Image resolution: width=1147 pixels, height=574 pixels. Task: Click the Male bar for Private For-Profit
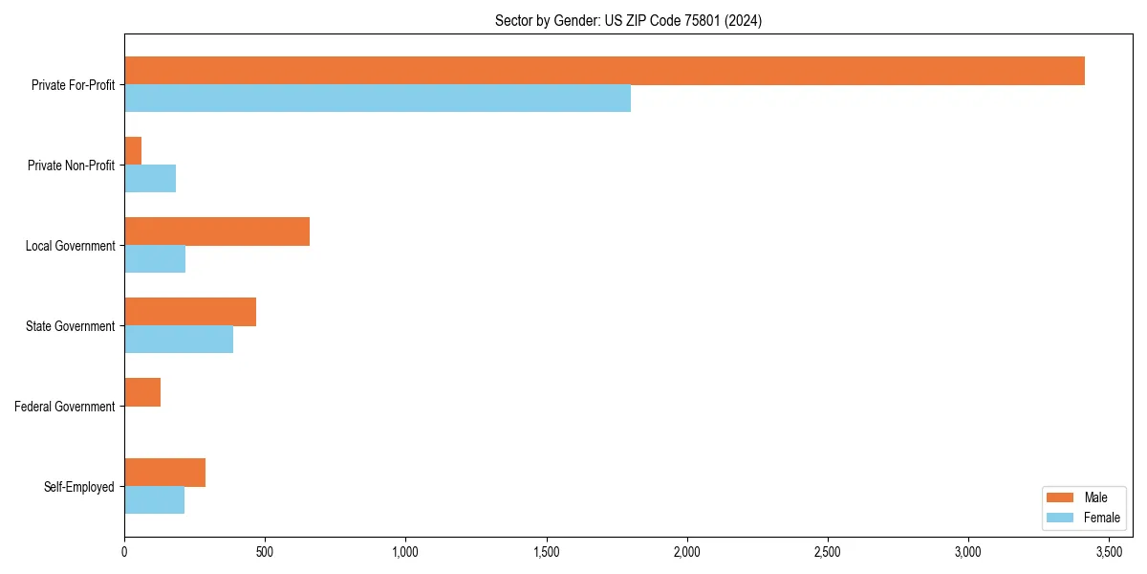604,71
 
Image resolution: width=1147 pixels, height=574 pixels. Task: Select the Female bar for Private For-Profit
378,99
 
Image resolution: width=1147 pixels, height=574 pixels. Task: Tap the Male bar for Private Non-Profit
133,151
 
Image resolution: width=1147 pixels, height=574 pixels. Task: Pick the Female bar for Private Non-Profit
150,179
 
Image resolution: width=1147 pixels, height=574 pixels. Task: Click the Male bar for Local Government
217,232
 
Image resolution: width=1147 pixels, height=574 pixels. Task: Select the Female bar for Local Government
155,259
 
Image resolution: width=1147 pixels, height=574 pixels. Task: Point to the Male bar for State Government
190,312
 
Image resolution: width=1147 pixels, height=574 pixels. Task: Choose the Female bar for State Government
179,340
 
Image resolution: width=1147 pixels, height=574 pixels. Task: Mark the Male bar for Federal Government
142,392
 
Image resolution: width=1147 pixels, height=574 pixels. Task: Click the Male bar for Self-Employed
164,473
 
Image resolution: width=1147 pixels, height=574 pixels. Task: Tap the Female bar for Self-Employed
154,500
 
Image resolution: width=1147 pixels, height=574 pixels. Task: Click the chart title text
628,20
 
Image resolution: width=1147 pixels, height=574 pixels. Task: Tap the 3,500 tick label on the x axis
1109,552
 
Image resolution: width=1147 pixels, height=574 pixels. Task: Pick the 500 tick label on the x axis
265,552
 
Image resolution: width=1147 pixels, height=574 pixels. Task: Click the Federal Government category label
65,407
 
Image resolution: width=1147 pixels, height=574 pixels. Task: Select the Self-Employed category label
79,487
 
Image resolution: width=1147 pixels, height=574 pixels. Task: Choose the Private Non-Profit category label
71,166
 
